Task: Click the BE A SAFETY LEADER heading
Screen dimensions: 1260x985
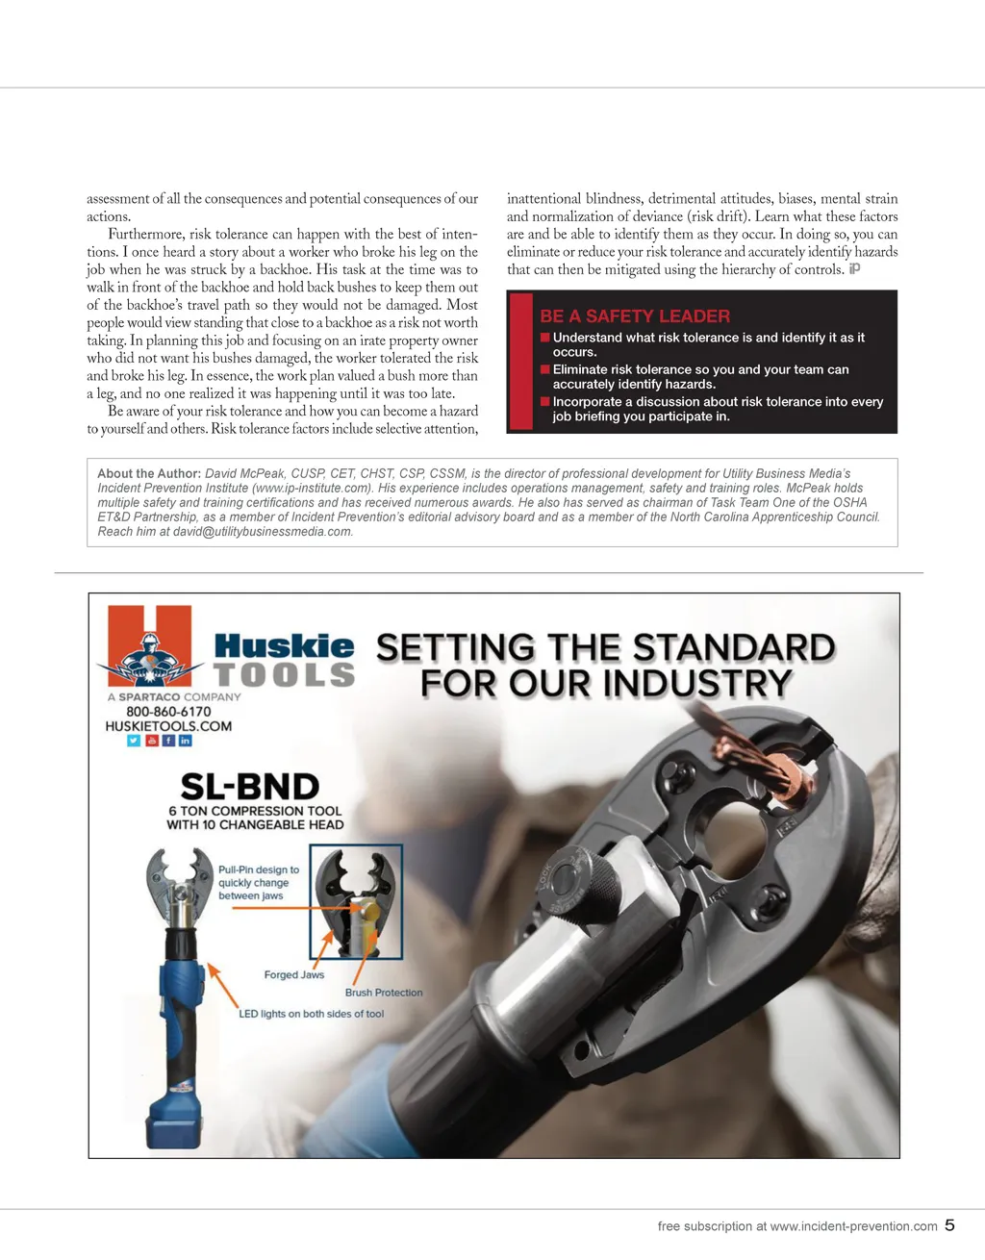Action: click(x=634, y=316)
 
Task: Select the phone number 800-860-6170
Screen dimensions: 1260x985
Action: click(x=168, y=712)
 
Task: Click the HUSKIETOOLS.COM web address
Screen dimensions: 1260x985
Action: click(x=168, y=726)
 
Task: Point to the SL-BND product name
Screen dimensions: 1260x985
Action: click(x=250, y=787)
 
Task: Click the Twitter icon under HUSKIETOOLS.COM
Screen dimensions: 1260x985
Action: click(x=134, y=741)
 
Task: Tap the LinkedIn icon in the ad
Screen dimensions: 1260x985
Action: click(x=186, y=741)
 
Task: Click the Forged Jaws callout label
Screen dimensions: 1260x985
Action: click(x=293, y=974)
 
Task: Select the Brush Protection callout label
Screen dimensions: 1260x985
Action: click(x=384, y=993)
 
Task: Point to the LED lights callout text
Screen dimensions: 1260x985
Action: click(x=311, y=1014)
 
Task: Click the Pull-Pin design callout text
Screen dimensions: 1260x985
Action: click(x=258, y=882)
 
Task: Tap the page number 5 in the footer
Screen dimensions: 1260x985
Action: click(x=949, y=1225)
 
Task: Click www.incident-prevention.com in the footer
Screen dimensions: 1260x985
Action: click(x=853, y=1226)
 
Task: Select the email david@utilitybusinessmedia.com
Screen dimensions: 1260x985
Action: click(x=262, y=532)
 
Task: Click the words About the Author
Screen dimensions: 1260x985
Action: click(x=148, y=473)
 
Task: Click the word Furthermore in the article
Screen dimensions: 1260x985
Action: click(x=144, y=234)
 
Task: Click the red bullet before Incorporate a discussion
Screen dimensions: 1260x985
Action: click(x=545, y=402)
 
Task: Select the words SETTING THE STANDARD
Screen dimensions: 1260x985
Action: click(x=605, y=648)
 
